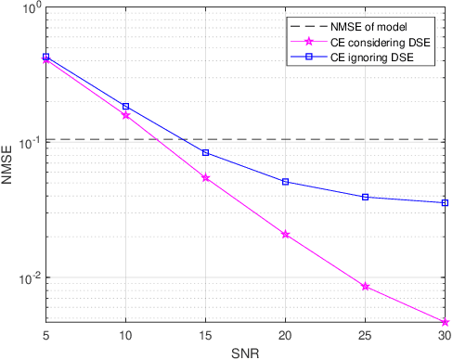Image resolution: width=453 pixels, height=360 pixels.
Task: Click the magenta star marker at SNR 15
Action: [x=205, y=177]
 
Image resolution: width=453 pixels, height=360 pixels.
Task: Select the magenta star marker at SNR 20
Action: [x=285, y=235]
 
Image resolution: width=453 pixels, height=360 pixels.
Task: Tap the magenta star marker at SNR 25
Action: [x=366, y=287]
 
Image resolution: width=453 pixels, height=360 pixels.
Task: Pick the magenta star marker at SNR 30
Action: [x=446, y=323]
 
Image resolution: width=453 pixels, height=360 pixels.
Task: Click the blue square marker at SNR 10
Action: [x=125, y=107]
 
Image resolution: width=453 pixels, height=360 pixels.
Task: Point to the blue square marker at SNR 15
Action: [x=205, y=152]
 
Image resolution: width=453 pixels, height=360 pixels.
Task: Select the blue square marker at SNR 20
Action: [x=285, y=182]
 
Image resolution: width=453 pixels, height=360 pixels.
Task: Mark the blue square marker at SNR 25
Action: [x=366, y=197]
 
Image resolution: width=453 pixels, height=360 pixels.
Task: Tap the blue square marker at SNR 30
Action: [x=446, y=202]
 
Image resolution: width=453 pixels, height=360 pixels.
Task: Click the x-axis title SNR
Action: [x=245, y=353]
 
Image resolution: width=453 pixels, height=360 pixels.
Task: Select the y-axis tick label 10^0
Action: [x=30, y=9]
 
